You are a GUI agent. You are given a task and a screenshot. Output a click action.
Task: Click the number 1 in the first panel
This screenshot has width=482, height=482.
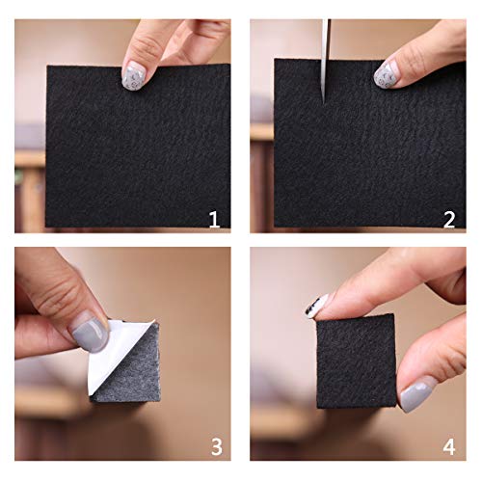[214, 220]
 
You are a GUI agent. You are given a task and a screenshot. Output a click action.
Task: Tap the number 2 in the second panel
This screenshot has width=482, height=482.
[449, 220]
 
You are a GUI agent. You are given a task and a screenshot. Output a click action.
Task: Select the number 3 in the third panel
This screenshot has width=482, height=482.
[216, 447]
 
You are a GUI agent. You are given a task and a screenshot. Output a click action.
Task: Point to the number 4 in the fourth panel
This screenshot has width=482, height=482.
[449, 447]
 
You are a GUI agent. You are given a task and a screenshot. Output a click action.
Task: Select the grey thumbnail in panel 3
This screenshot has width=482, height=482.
[91, 336]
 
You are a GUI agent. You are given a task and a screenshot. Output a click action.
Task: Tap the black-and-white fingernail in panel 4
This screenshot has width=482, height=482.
[316, 306]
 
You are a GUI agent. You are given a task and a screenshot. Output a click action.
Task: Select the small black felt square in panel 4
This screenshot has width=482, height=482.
[356, 361]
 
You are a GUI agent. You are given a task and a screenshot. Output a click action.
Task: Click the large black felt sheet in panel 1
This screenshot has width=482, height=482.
[138, 147]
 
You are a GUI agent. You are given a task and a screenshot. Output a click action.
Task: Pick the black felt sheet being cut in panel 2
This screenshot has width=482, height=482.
[369, 144]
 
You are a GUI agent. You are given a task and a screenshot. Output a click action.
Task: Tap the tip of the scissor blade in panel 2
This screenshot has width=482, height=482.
[324, 104]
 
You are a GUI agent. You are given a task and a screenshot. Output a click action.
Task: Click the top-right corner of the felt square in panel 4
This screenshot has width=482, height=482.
[394, 314]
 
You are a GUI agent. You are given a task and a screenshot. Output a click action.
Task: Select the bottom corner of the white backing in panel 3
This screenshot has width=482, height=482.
[92, 394]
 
